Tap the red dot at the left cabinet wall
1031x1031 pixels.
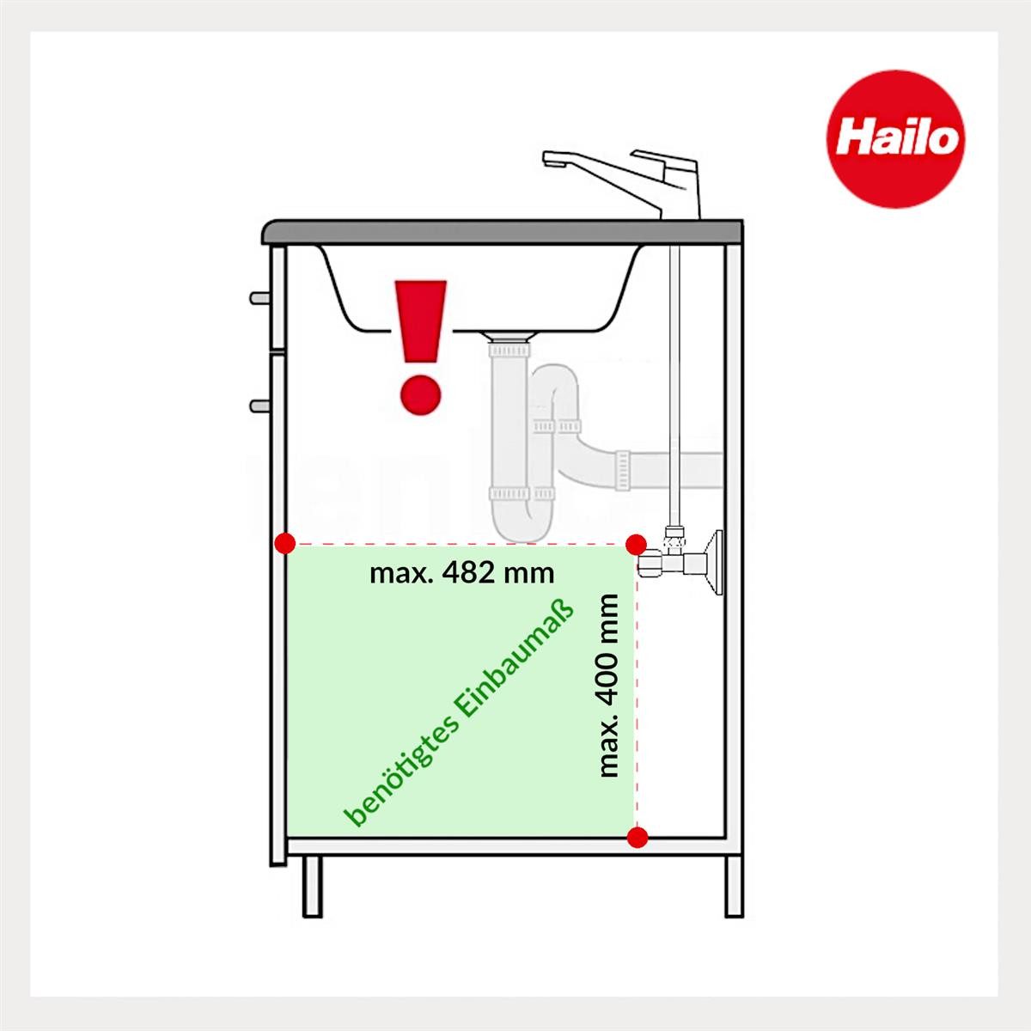[x=286, y=543]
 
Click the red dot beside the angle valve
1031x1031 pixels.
[x=636, y=544]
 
